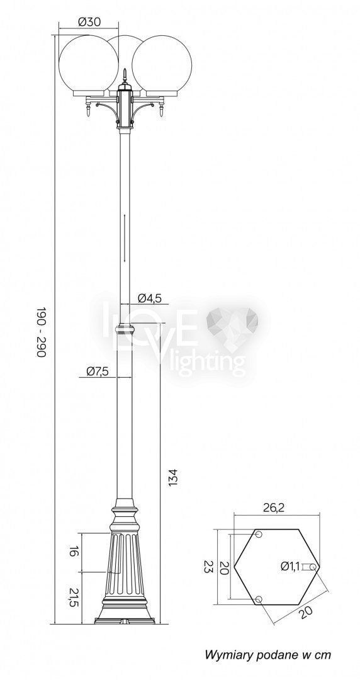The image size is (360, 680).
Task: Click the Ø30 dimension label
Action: pyautogui.click(x=89, y=22)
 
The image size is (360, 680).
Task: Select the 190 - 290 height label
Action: pyautogui.click(x=40, y=333)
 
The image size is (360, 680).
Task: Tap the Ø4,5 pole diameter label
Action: pyautogui.click(x=150, y=298)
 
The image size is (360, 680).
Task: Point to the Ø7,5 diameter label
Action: pyautogui.click(x=97, y=371)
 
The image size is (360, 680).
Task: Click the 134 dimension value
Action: pyautogui.click(x=172, y=477)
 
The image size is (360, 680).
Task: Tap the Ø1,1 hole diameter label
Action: pyautogui.click(x=290, y=566)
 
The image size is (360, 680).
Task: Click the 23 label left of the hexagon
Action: pyautogui.click(x=208, y=567)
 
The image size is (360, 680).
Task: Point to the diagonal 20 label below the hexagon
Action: pyautogui.click(x=306, y=612)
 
